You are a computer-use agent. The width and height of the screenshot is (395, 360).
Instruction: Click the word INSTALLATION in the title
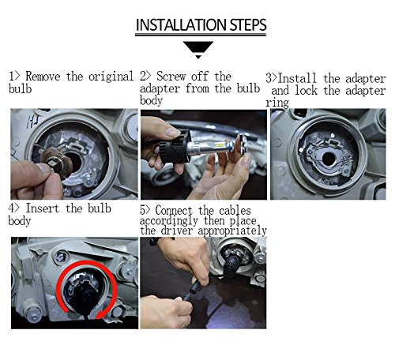[181, 25]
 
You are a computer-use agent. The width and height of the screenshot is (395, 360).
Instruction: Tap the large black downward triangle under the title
[198, 47]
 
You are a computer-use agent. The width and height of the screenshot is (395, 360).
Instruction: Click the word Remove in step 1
[43, 77]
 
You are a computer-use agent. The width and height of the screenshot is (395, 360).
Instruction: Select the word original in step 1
[111, 77]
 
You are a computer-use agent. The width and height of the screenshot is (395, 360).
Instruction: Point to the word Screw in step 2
[171, 77]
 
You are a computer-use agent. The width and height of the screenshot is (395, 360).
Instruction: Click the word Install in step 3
[297, 78]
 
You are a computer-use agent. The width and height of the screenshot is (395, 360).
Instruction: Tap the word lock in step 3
[306, 90]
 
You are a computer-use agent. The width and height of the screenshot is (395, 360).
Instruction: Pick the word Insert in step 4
[42, 208]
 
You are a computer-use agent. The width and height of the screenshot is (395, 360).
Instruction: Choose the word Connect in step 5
[174, 211]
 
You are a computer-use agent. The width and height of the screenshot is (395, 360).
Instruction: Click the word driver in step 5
[177, 231]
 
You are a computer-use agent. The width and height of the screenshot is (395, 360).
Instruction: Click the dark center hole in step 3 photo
[329, 159]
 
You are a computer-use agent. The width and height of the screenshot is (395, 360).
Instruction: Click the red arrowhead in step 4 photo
[101, 313]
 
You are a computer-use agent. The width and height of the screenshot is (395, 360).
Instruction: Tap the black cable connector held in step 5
[194, 289]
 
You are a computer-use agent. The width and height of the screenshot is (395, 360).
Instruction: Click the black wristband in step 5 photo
[156, 241]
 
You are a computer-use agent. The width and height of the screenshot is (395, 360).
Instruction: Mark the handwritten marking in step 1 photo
[33, 122]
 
